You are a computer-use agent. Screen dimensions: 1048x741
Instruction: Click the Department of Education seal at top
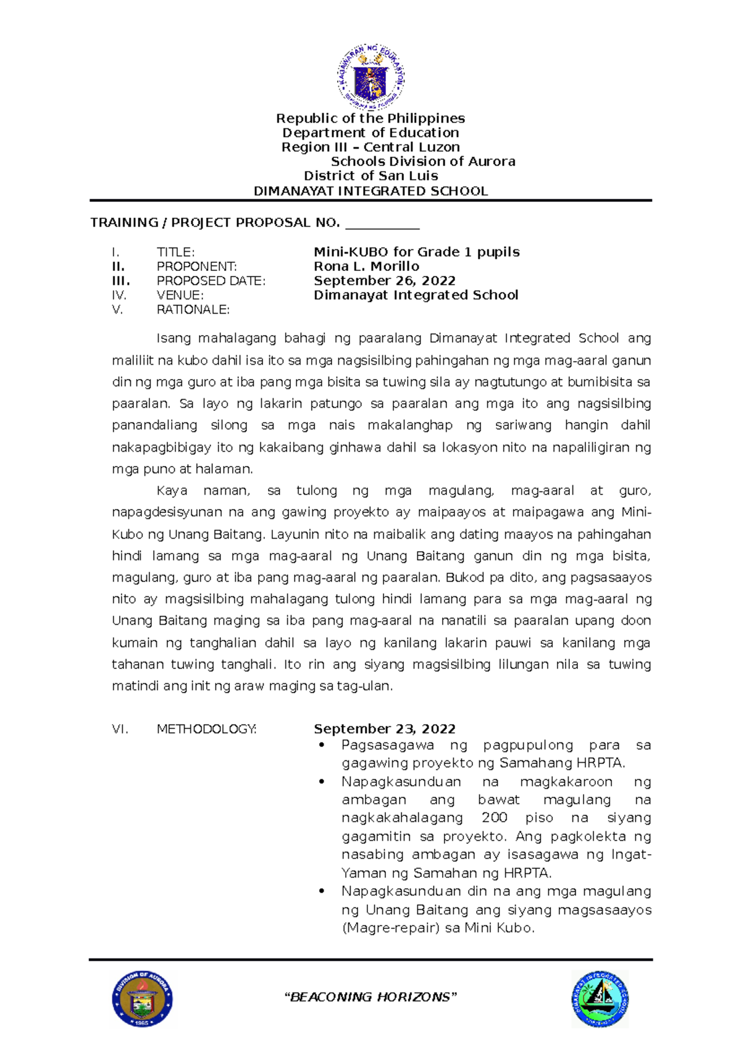pos(371,77)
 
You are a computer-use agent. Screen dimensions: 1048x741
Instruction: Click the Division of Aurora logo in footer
pos(142,999)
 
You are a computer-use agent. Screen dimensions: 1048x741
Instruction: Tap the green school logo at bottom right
pos(600,998)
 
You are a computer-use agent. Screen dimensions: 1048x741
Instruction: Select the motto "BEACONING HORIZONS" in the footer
pos(371,997)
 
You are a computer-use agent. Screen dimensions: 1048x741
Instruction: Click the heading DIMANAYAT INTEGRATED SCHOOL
pos(371,191)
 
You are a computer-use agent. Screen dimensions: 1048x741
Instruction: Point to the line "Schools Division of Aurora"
pos(423,162)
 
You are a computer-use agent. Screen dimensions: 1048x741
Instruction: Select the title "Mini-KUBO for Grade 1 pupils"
pos(416,252)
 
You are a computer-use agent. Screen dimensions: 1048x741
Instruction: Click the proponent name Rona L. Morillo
pos(366,266)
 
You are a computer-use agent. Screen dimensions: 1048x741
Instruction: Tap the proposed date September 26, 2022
pos(384,281)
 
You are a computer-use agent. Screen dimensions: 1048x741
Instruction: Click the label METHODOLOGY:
pos(206,729)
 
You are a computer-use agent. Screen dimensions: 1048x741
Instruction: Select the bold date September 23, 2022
pos(384,729)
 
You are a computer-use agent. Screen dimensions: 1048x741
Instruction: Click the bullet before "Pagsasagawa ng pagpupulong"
pos(321,746)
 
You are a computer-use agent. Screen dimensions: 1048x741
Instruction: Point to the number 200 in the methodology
pos(494,818)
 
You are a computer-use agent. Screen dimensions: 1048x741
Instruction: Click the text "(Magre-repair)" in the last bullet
pos(390,928)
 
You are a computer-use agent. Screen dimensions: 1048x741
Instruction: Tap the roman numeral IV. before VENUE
pos(119,295)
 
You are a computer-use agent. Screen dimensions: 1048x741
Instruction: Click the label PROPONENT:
pos(196,267)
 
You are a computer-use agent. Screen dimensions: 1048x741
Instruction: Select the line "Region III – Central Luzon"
pos(371,147)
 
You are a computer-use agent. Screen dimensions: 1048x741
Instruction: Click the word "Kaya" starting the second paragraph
pos(172,491)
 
